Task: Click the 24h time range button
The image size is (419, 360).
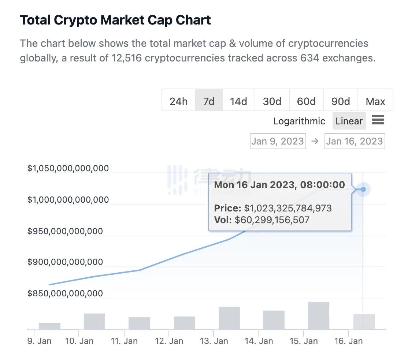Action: tap(178, 101)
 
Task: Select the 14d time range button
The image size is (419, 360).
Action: tap(238, 101)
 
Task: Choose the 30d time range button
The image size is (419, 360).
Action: tap(272, 101)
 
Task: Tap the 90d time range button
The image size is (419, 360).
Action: tap(341, 101)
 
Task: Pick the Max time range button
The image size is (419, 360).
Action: tap(375, 101)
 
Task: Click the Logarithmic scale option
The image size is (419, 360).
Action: tap(299, 121)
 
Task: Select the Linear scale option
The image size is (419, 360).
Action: tap(349, 121)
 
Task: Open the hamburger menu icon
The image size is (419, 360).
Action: tap(378, 120)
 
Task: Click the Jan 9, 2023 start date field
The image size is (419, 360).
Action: tap(278, 141)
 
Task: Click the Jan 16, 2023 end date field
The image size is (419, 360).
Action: tap(355, 141)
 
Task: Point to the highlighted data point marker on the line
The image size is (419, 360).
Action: tap(363, 190)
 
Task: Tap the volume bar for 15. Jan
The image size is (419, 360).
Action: tap(319, 315)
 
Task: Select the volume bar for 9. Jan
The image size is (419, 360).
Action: tap(50, 326)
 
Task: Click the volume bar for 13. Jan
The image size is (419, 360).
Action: tap(229, 318)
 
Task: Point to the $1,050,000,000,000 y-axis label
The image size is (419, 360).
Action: tap(68, 168)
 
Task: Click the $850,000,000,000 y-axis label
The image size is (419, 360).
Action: tap(65, 293)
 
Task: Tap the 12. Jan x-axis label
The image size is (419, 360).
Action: tap(169, 341)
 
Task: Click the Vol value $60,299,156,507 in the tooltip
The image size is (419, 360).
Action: tap(272, 220)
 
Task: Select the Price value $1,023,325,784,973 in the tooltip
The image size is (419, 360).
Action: tap(288, 209)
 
